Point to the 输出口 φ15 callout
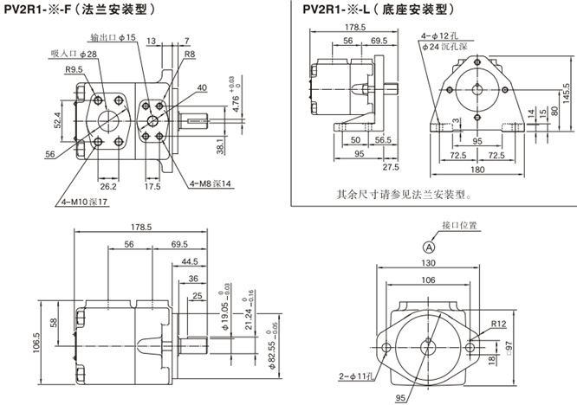click(x=113, y=38)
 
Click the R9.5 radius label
click(x=74, y=68)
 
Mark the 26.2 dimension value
click(x=108, y=185)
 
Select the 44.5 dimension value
click(x=189, y=260)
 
